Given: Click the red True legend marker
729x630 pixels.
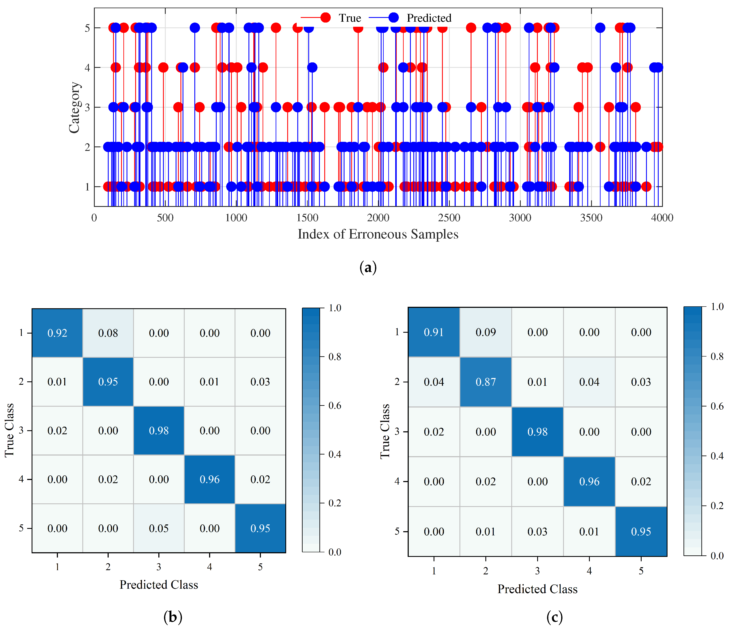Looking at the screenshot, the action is coord(326,18).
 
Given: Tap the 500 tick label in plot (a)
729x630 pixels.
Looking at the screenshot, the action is coord(165,218).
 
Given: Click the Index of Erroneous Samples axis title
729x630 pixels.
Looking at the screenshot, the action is coord(378,234).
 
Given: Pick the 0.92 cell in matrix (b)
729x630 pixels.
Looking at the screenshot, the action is coord(57,333).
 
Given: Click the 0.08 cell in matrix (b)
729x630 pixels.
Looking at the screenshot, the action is coord(108,333).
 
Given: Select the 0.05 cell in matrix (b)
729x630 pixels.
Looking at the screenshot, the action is coord(159,528).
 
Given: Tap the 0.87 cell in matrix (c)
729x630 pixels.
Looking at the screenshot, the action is coord(486,382).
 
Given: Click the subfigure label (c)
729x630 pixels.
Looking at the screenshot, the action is coord(554,617).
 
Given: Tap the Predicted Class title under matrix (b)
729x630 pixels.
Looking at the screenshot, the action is coord(159,585).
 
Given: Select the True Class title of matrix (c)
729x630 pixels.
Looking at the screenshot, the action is coord(385,432).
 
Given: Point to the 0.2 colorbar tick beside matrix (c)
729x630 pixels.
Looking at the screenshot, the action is coord(717,506).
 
